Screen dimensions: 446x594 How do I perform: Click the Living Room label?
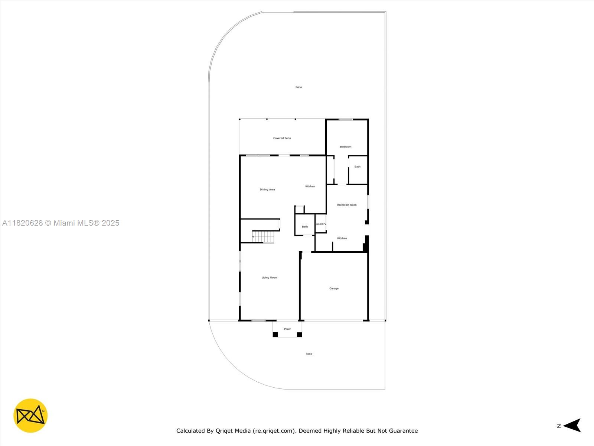pos(269,278)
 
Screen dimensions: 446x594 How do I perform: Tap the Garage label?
pos(334,288)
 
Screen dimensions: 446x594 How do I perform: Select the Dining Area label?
pos(267,190)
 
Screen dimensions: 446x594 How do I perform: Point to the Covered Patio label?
pos(282,138)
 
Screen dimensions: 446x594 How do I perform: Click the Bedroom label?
pos(346,147)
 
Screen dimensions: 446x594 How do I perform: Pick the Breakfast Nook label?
pos(347,205)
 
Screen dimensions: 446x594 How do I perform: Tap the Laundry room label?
pos(321,224)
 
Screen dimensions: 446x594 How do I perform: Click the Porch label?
pos(287,329)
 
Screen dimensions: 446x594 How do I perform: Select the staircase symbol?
pos(263,237)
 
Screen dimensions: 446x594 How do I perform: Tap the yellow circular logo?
pos(30,416)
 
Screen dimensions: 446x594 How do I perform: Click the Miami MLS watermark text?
pos(61,223)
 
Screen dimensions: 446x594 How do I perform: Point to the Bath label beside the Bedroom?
pos(357,167)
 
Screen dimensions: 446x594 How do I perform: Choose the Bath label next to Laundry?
pos(305,227)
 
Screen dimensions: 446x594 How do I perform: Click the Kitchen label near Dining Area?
pos(310,187)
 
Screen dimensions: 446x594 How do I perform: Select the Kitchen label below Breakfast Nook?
pos(342,238)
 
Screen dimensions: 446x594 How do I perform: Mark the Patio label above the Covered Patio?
pos(298,87)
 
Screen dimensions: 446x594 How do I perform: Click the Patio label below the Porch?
pos(309,354)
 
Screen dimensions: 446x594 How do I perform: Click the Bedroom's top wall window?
pos(345,119)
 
